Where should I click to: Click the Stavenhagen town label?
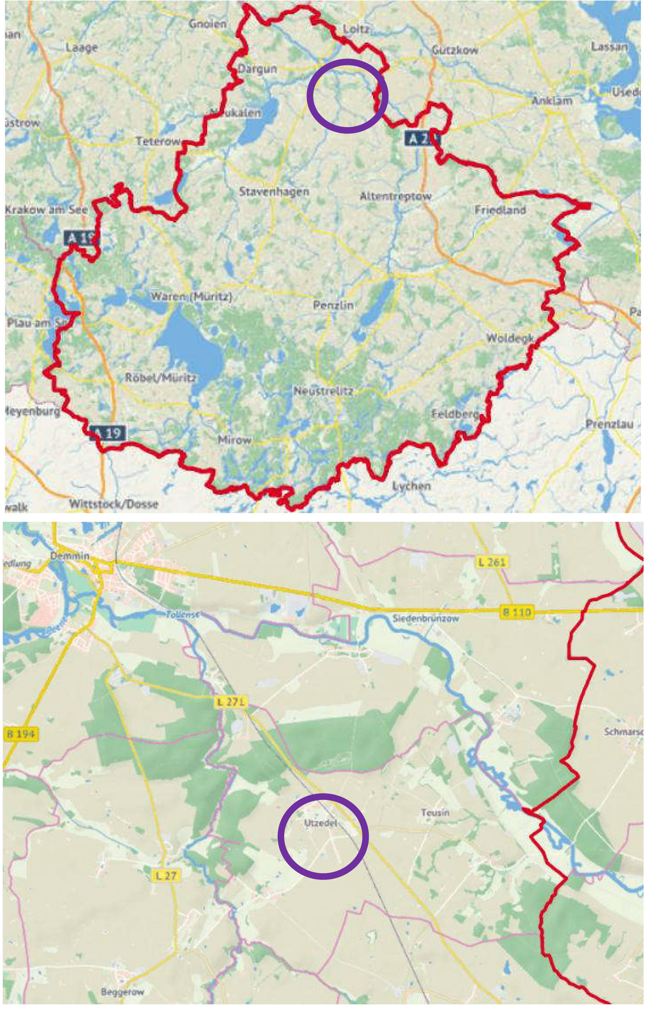pos(274,192)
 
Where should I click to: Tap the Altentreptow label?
pos(395,197)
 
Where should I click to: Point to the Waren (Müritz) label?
pos(191,297)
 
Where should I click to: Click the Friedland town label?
pos(500,210)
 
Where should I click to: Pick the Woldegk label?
pos(509,338)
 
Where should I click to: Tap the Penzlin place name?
pos(333,305)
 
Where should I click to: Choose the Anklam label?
pos(552,101)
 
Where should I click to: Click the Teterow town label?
pos(158,142)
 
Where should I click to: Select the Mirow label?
pos(235,440)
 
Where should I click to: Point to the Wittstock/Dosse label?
pos(114,504)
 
